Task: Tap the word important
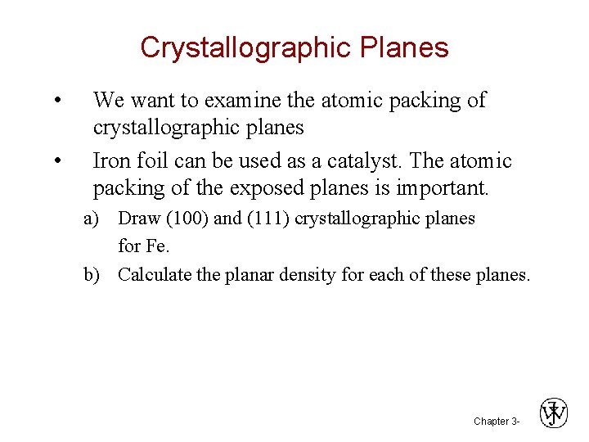pyautogui.click(x=442, y=188)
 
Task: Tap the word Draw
pyautogui.click(x=139, y=219)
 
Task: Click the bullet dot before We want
pyautogui.click(x=55, y=101)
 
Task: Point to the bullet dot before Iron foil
pyautogui.click(x=55, y=161)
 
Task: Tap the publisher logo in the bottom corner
pyautogui.click(x=554, y=413)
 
